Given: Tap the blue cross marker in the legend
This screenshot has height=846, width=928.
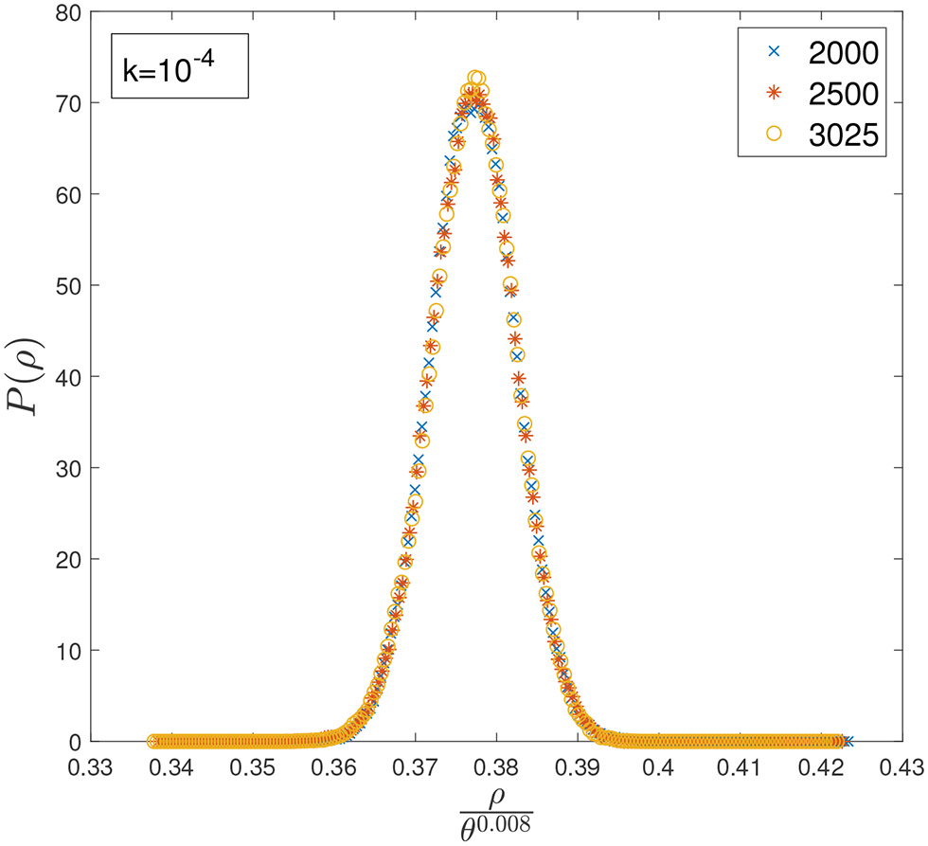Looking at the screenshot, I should pos(774,52).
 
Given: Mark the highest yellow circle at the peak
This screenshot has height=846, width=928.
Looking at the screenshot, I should pos(476,78).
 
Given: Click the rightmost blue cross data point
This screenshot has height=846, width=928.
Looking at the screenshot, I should pos(848,741).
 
